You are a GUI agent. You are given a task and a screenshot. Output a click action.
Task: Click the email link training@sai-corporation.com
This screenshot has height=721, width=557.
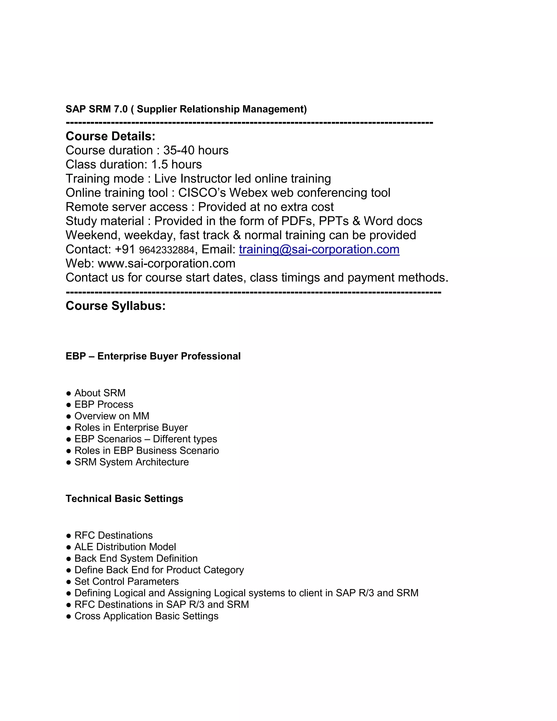[x=319, y=249]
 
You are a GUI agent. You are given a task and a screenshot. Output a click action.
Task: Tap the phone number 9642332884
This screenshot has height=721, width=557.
[x=167, y=250]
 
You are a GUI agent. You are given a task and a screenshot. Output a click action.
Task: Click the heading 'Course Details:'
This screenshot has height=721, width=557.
[x=110, y=136]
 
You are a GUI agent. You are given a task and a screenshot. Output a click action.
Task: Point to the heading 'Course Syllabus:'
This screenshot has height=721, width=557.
[x=116, y=306]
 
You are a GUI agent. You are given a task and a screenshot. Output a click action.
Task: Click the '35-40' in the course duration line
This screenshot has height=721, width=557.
[x=178, y=150]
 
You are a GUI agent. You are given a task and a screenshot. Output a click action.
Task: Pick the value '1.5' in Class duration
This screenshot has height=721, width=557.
[x=159, y=165]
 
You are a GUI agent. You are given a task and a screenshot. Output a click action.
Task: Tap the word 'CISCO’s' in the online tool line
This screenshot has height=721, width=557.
[x=202, y=193]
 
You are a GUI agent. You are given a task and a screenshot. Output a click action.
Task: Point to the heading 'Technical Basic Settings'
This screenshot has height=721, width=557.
[x=124, y=498]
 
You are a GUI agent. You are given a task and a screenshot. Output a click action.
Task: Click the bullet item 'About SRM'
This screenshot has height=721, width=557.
[x=100, y=393]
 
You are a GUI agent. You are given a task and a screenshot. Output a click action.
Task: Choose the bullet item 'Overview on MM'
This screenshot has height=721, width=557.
[x=112, y=416]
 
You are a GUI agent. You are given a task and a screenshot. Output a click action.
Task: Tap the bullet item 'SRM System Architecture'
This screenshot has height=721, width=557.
[x=131, y=462]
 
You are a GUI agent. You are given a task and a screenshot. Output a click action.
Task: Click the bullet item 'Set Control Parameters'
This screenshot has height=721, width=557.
[x=126, y=581]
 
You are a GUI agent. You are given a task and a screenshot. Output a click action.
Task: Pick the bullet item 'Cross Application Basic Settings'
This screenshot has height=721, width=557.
[x=146, y=616]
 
